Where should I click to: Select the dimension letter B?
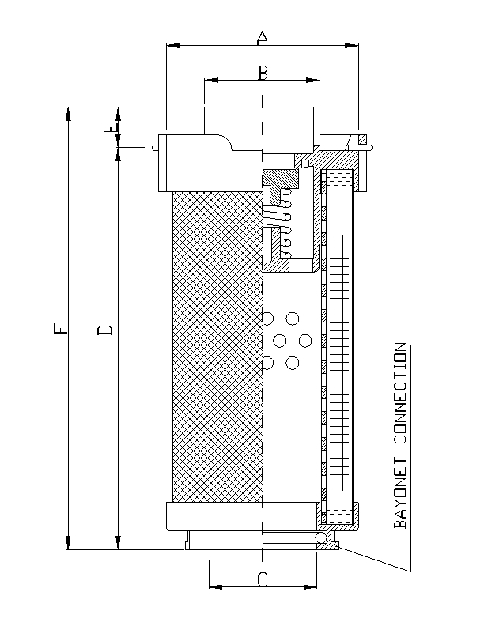(x=263, y=73)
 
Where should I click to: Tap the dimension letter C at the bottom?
(x=263, y=579)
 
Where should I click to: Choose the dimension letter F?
(x=61, y=328)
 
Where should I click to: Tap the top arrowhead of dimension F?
(x=70, y=111)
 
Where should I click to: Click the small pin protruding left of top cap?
(x=155, y=146)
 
